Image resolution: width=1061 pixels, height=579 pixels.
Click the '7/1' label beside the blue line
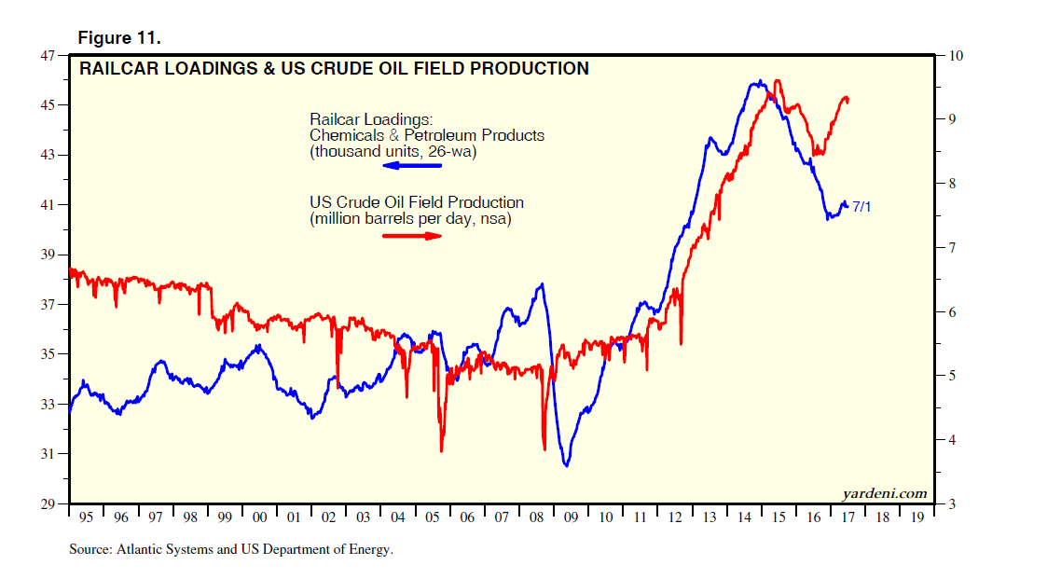click(862, 206)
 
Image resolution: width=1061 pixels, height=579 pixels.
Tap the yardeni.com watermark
click(884, 493)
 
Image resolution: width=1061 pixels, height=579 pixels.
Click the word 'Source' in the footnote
click(90, 550)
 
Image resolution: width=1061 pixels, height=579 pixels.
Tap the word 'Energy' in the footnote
click(370, 550)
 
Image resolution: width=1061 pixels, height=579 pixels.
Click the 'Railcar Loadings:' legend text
click(371, 119)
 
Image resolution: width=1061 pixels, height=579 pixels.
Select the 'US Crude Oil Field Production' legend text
click(417, 202)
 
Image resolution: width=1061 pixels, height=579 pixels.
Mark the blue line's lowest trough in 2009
click(566, 464)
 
